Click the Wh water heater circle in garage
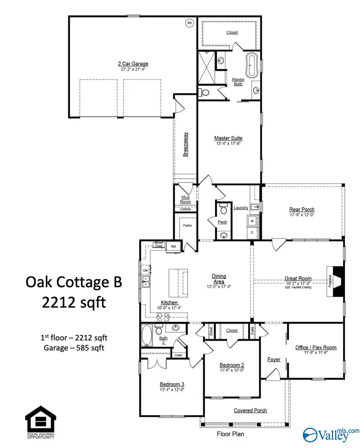coord(190,23)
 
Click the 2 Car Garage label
coord(133,64)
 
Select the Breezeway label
coord(186,144)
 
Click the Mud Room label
coord(186,199)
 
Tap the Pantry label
coord(187,226)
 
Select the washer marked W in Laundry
coord(252,220)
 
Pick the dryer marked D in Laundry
coord(252,232)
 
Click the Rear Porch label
coord(302,210)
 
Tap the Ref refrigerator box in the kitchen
coord(173,247)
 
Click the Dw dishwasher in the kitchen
coord(146,270)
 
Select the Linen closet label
coord(178,355)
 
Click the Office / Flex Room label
coord(316,347)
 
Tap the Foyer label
coord(274,360)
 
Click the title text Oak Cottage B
coord(74,282)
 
